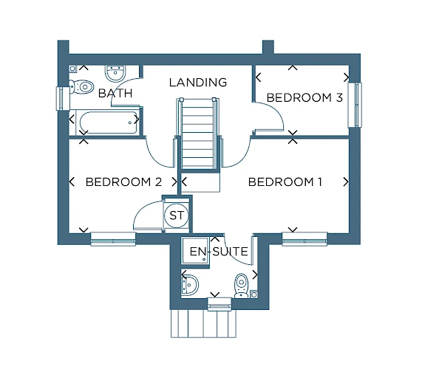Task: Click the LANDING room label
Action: pyautogui.click(x=198, y=82)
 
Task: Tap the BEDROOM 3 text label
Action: pyautogui.click(x=304, y=97)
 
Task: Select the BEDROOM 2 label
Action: pyautogui.click(x=124, y=182)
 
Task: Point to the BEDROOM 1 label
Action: pyautogui.click(x=285, y=182)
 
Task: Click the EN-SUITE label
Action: pyautogui.click(x=219, y=252)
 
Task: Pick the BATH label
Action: pyautogui.click(x=115, y=93)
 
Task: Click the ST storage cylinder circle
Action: pyautogui.click(x=177, y=215)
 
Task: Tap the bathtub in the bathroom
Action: pyautogui.click(x=108, y=123)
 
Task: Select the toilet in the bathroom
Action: pyautogui.click(x=81, y=86)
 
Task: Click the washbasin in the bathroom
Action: pyautogui.click(x=115, y=73)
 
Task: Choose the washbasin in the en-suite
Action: pyautogui.click(x=190, y=285)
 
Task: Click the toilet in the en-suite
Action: pyautogui.click(x=242, y=286)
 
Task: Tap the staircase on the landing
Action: pyautogui.click(x=198, y=134)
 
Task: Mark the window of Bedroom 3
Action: pyautogui.click(x=355, y=105)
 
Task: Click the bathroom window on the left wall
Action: pyautogui.click(x=62, y=98)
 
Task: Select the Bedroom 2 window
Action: pyautogui.click(x=113, y=239)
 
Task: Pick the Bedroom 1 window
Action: pyautogui.click(x=304, y=239)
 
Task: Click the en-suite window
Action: pyautogui.click(x=219, y=304)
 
